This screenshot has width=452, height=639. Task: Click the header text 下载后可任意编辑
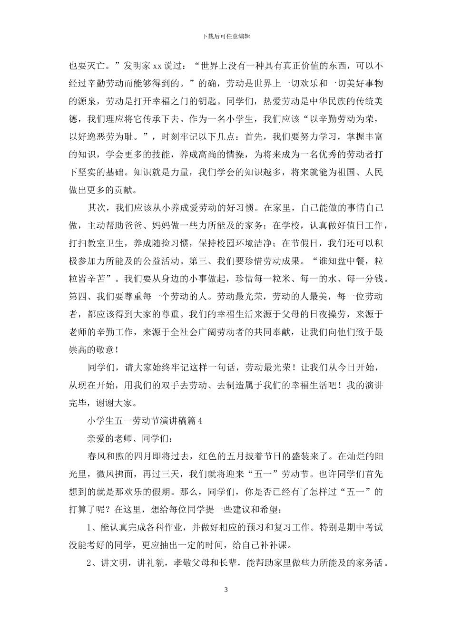pyautogui.click(x=226, y=36)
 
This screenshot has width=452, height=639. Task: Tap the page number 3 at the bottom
pyautogui.click(x=226, y=590)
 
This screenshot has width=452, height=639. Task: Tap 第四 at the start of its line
pyautogui.click(x=78, y=297)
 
